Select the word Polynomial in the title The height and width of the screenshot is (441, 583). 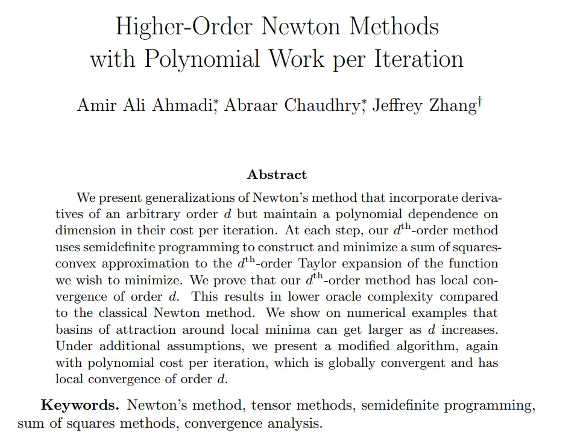tap(203, 59)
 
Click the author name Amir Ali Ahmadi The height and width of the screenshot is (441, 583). tap(145, 105)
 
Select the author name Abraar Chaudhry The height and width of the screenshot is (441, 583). tap(292, 105)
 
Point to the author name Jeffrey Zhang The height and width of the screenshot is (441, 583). tap(423, 105)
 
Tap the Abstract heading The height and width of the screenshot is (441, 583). tap(277, 175)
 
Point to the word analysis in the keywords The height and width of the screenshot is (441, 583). tap(293, 423)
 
